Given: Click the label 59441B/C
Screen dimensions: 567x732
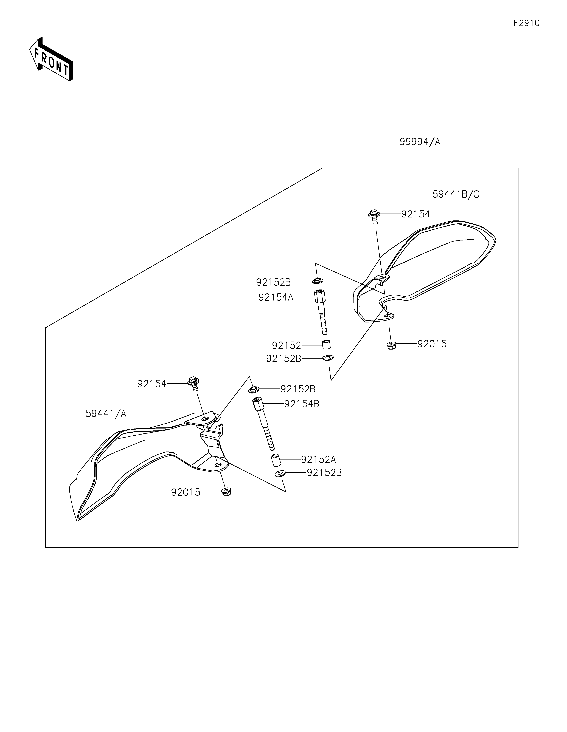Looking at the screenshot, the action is pyautogui.click(x=456, y=194).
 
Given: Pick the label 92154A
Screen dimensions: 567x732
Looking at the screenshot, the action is pyautogui.click(x=276, y=297).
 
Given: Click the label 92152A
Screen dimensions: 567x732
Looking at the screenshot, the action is pyautogui.click(x=318, y=459).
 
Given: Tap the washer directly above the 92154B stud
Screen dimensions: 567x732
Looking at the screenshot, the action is pyautogui.click(x=254, y=390).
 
